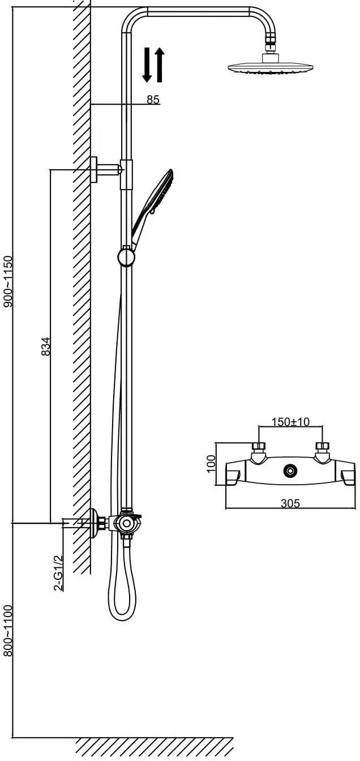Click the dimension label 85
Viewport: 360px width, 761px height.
[x=153, y=100]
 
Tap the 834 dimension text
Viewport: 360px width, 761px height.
[x=45, y=346]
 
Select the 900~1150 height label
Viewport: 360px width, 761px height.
[x=7, y=281]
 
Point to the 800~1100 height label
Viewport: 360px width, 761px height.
[x=7, y=631]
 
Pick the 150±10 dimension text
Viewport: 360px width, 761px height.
[x=291, y=422]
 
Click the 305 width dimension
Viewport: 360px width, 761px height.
[x=290, y=503]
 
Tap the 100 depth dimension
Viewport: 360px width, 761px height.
[x=211, y=464]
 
